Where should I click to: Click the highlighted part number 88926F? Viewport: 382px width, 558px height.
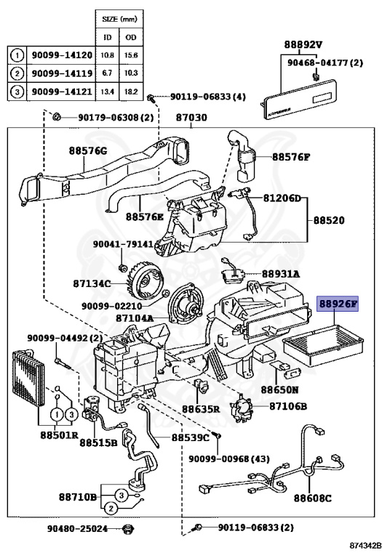click(337, 304)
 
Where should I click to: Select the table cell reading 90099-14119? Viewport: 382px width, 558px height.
click(62, 73)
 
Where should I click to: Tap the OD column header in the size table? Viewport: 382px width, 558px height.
click(131, 37)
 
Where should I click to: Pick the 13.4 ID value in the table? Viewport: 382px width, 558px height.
click(107, 92)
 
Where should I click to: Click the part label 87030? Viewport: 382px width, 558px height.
click(191, 117)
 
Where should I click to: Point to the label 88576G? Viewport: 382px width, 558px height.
click(87, 151)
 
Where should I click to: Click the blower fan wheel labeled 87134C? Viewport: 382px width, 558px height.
click(144, 283)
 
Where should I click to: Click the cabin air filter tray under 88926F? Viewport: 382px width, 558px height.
click(322, 346)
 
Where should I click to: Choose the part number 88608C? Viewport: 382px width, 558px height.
click(312, 498)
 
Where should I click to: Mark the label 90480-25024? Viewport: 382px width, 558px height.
click(77, 529)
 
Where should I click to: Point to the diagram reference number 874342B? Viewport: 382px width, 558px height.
click(365, 545)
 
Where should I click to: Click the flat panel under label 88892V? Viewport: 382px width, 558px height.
click(298, 99)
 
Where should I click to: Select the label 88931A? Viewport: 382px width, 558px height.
click(280, 274)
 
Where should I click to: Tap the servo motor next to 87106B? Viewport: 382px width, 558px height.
click(242, 408)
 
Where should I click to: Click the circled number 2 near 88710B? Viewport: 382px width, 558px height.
click(111, 509)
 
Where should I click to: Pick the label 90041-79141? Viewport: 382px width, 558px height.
click(123, 244)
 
